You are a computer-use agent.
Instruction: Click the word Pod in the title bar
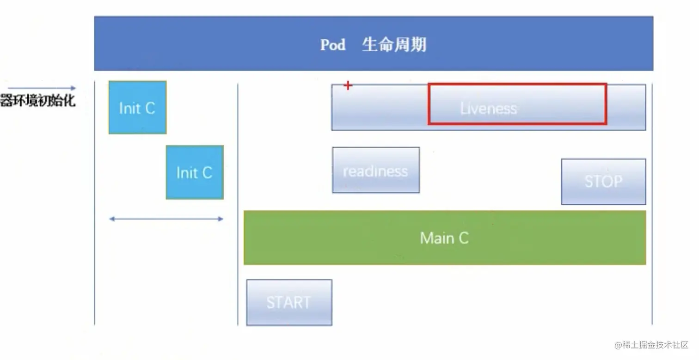click(x=333, y=45)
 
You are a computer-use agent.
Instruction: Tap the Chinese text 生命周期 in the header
click(x=394, y=45)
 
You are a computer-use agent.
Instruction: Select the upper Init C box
click(x=137, y=108)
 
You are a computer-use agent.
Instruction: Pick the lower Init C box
click(x=195, y=172)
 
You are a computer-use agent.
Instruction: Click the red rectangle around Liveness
click(x=517, y=85)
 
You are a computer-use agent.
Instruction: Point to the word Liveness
click(x=488, y=109)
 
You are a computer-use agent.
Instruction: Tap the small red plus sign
click(x=348, y=85)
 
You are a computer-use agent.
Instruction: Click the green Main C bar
click(x=324, y=238)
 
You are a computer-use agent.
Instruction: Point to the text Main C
click(x=444, y=238)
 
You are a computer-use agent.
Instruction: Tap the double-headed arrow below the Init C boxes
click(x=166, y=219)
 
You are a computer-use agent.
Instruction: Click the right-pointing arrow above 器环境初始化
click(x=42, y=88)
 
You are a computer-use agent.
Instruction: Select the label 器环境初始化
click(x=37, y=101)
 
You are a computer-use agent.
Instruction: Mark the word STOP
click(x=603, y=181)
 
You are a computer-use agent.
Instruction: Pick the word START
click(x=288, y=303)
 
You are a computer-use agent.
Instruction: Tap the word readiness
click(x=375, y=171)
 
